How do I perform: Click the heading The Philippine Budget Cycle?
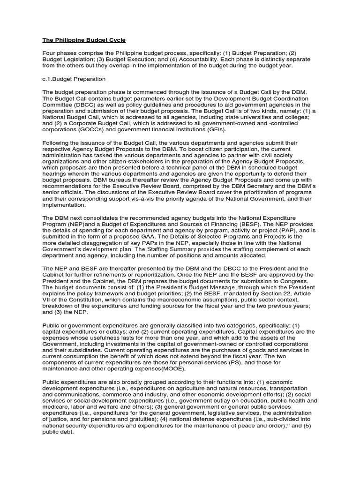(x=84, y=41)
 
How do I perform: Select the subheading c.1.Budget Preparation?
(x=74, y=79)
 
